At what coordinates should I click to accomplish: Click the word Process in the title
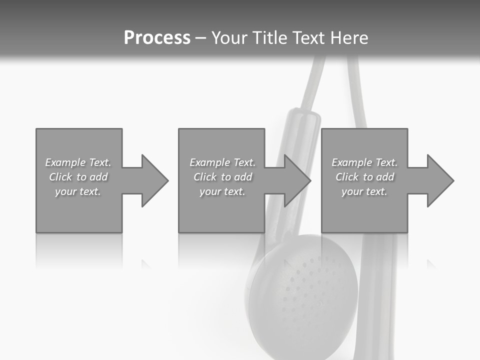click(x=157, y=38)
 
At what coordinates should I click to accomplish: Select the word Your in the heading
click(x=230, y=38)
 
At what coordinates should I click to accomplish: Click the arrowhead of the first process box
click(x=153, y=180)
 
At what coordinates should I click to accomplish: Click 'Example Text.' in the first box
click(x=78, y=162)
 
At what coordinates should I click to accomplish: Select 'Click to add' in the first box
click(x=78, y=177)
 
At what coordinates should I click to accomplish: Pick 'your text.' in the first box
click(x=78, y=191)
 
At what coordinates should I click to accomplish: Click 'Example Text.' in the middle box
click(x=222, y=162)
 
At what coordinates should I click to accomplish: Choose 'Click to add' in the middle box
click(x=222, y=177)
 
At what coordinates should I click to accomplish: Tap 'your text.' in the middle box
click(x=222, y=191)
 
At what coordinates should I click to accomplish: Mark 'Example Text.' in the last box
click(x=364, y=162)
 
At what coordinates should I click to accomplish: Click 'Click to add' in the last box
click(x=364, y=177)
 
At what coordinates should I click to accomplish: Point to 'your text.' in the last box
click(x=364, y=191)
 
